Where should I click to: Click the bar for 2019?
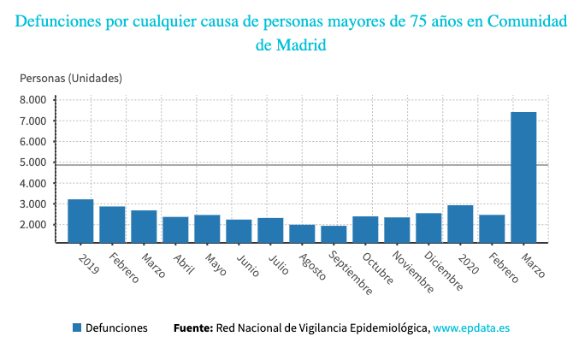(80, 221)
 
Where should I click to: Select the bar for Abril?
(175, 229)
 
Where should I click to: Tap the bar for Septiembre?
(334, 233)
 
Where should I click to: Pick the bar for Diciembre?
(428, 227)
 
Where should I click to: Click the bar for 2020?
(460, 223)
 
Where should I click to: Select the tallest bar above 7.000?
(523, 177)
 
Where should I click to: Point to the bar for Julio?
(270, 230)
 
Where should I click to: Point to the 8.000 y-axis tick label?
(33, 100)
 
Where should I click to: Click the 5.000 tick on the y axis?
(33, 162)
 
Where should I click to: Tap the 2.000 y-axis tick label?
(33, 225)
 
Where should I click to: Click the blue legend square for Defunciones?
(77, 328)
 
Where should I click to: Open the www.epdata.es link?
(472, 328)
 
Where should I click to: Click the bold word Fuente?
(192, 328)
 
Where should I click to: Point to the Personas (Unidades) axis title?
(71, 78)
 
